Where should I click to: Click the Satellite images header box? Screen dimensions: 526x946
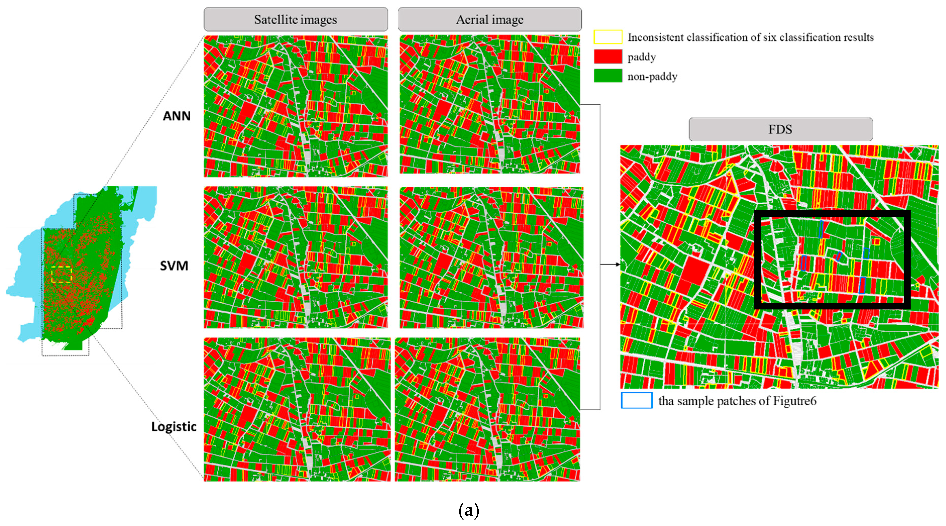296,20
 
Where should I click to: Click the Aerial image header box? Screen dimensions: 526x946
489,20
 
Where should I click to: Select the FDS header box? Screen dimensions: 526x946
780,129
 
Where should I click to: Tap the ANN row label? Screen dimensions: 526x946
177,116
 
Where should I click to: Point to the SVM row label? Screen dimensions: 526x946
174,266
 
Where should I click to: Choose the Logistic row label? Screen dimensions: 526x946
174,427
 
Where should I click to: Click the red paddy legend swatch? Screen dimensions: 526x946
608,57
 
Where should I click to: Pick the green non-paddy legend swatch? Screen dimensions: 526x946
608,76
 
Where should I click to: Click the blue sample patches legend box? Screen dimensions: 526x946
636,400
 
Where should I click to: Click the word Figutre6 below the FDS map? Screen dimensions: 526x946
795,401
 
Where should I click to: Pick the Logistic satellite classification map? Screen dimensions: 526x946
297,409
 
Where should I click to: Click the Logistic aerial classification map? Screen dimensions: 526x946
487,409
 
